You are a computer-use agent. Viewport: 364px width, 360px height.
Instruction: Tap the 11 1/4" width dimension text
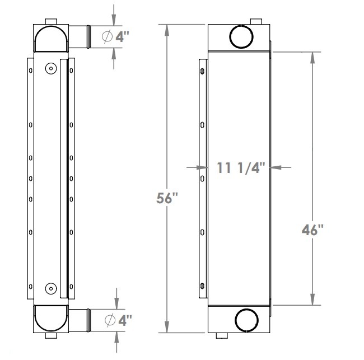click(x=241, y=167)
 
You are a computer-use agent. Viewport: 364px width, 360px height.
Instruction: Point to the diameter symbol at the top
click(x=109, y=36)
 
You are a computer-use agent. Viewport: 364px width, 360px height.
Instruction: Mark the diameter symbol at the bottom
click(x=110, y=321)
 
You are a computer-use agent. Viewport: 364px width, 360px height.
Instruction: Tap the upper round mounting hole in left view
click(x=50, y=68)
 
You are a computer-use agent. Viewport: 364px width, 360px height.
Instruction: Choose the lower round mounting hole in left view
click(x=50, y=289)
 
